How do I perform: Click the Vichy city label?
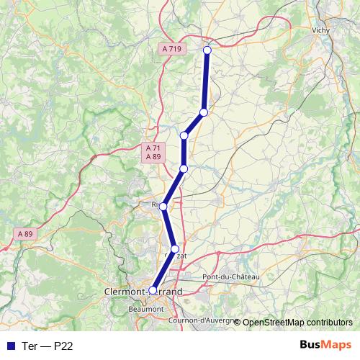pos(321,31)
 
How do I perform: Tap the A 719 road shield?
pos(171,48)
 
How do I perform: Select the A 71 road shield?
pos(153,148)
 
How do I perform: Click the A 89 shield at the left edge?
pos(25,234)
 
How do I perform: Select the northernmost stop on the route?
pos(207,50)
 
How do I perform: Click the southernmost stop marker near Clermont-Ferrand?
pos(153,290)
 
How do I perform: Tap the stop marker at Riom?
pos(163,207)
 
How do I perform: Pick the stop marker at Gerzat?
pos(174,248)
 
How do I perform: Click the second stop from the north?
pos(204,112)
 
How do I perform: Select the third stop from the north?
pos(184,135)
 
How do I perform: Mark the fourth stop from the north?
pos(184,168)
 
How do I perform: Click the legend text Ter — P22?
pos(48,346)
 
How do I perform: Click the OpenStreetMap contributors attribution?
pos(297,323)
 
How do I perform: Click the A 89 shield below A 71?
pos(153,156)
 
